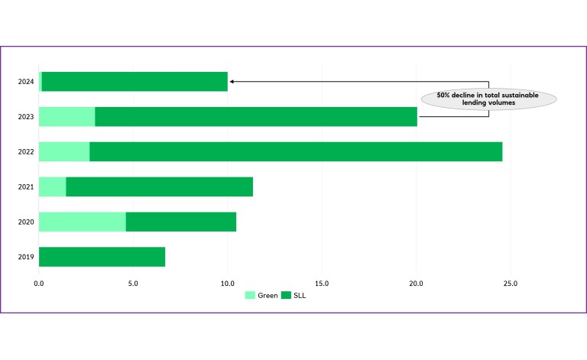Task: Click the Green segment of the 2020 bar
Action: click(82, 222)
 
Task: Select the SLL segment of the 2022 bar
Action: click(296, 151)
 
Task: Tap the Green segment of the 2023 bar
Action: click(66, 116)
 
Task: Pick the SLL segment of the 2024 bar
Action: click(135, 81)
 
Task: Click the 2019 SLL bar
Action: click(102, 257)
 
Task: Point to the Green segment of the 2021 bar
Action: click(52, 186)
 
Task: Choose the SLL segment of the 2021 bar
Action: click(159, 186)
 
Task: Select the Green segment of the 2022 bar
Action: click(64, 151)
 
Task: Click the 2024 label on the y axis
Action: click(26, 81)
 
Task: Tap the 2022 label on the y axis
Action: click(26, 151)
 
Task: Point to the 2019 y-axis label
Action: click(26, 257)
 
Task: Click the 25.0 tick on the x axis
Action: click(510, 284)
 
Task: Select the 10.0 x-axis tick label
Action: click(227, 284)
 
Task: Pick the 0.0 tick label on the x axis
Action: click(39, 284)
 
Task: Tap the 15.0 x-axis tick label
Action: click(322, 284)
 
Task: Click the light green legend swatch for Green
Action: click(249, 295)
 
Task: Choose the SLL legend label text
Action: click(300, 295)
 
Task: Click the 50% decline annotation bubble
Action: click(488, 99)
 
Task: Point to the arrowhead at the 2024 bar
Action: click(232, 81)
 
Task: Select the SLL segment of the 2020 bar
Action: click(180, 222)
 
